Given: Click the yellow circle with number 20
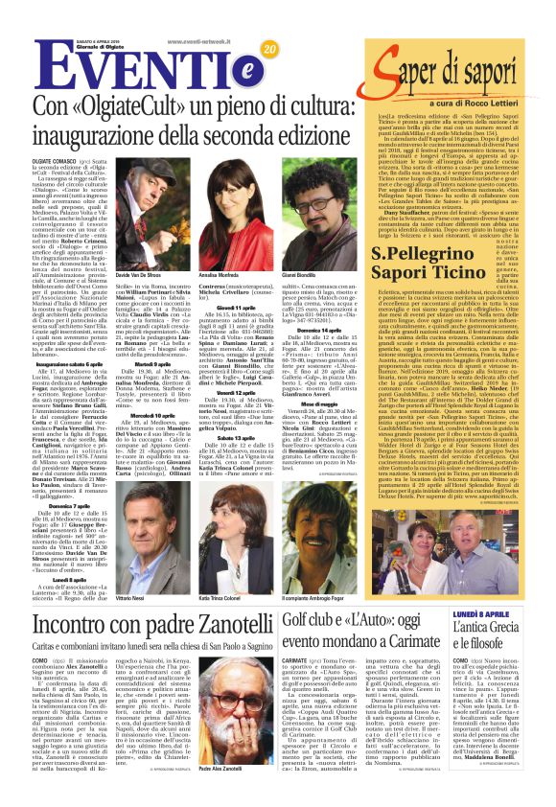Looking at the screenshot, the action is [269, 50].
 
